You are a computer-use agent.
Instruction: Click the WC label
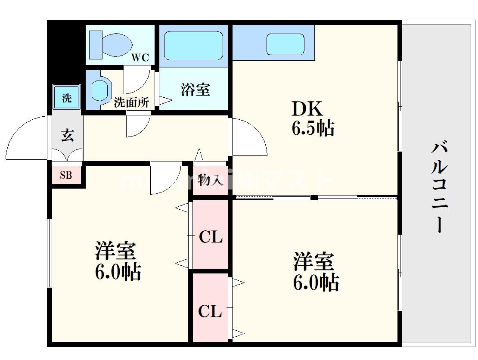coord(140,58)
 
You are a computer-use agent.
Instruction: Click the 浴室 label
coord(195,90)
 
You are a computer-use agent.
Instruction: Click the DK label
coord(307,109)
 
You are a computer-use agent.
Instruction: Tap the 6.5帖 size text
coord(313,128)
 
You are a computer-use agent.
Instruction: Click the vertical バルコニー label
coord(439,188)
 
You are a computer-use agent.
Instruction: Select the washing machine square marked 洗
coord(66,98)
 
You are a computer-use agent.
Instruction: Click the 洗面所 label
coord(131,102)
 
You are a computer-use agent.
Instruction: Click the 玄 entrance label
coord(67,135)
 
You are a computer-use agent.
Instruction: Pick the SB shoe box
coord(66,175)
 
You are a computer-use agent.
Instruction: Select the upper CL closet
coord(210,236)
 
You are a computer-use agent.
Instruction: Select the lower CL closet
coord(210,310)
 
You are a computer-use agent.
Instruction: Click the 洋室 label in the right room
coord(313,261)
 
